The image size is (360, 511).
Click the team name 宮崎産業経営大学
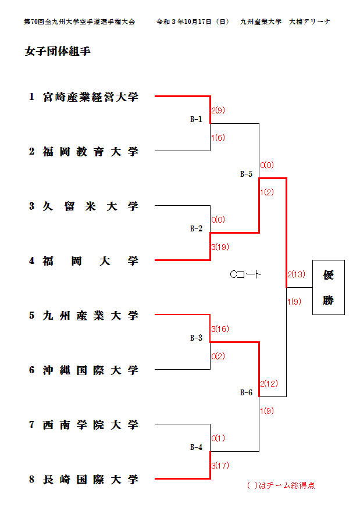[x=91, y=97]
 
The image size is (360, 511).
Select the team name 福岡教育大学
[x=91, y=152]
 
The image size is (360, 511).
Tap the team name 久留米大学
[x=91, y=206]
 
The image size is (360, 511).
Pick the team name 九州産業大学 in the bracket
[x=91, y=316]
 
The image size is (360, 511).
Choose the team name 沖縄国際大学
[x=91, y=370]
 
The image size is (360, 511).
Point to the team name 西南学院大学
[x=91, y=425]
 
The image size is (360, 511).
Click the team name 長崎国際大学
[x=91, y=480]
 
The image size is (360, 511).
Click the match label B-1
[x=197, y=120]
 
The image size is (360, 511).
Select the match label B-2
[x=197, y=229]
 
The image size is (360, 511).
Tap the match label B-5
[x=247, y=174]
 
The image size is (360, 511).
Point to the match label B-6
[x=247, y=393]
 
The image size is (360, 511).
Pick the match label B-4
[x=197, y=448]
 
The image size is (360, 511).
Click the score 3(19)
[x=220, y=247]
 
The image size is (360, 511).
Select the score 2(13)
[x=296, y=274]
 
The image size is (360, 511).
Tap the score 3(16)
[x=220, y=329]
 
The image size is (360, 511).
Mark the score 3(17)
[x=220, y=466]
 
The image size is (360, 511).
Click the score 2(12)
[x=269, y=384]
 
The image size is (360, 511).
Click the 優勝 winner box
[x=329, y=287]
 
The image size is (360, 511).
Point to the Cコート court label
[x=245, y=274]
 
